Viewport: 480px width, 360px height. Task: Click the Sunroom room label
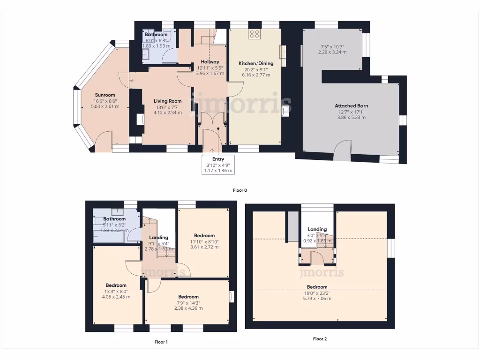coord(105,95)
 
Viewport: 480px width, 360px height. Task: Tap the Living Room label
coord(168,101)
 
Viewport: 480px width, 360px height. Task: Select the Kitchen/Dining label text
coord(256,63)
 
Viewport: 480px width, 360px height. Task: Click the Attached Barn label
coord(351,106)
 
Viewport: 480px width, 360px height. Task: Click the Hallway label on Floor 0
coord(210,62)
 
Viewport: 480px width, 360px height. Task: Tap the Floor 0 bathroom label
coord(156,35)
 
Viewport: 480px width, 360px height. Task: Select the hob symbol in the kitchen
coord(255,34)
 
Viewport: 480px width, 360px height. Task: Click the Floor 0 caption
coord(240,190)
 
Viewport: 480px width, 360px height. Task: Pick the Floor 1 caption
coord(161,342)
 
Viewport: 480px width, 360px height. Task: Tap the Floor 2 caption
coord(320,338)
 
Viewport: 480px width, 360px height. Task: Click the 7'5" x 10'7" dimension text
coord(333,47)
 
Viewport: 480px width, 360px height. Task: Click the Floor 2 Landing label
coord(317,229)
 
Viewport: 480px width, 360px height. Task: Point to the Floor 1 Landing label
coord(158,237)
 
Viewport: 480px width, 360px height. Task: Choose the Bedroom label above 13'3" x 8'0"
coord(116,285)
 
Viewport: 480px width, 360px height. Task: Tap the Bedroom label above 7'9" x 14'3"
coord(188,297)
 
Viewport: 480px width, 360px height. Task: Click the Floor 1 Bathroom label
coord(114,219)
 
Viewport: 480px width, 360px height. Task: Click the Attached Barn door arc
coord(344,148)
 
